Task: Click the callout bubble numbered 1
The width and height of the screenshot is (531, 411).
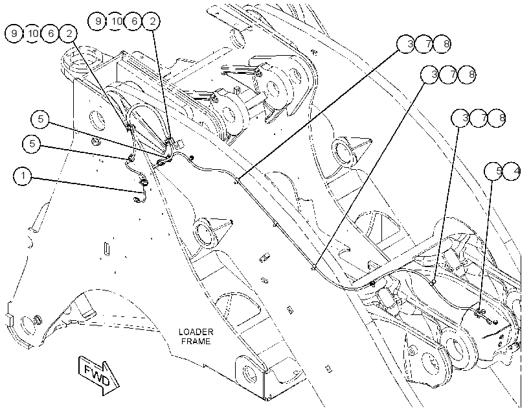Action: pos(23,176)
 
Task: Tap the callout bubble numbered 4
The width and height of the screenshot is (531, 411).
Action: pos(512,171)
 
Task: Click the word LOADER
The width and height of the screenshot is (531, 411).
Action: pos(196,332)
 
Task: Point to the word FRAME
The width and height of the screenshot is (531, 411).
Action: pos(196,341)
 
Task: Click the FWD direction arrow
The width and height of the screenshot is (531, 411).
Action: pos(98,375)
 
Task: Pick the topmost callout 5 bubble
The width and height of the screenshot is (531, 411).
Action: pos(40,119)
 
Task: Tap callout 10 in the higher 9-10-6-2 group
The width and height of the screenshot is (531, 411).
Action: pos(115,21)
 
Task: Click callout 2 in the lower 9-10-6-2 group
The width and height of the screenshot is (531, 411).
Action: pos(69,34)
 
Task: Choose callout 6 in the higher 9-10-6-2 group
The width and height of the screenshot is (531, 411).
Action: pos(134,21)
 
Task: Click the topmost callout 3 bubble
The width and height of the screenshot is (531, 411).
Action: pos(406,43)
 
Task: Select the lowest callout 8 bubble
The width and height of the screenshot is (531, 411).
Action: pos(497,118)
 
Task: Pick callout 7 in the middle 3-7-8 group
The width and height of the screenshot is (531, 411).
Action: pos(448,75)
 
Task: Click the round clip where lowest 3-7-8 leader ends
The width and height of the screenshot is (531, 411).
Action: pos(433,282)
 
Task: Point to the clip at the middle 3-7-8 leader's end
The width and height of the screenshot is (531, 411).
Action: pos(314,268)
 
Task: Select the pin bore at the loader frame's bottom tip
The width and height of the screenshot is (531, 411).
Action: pos(251,373)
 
